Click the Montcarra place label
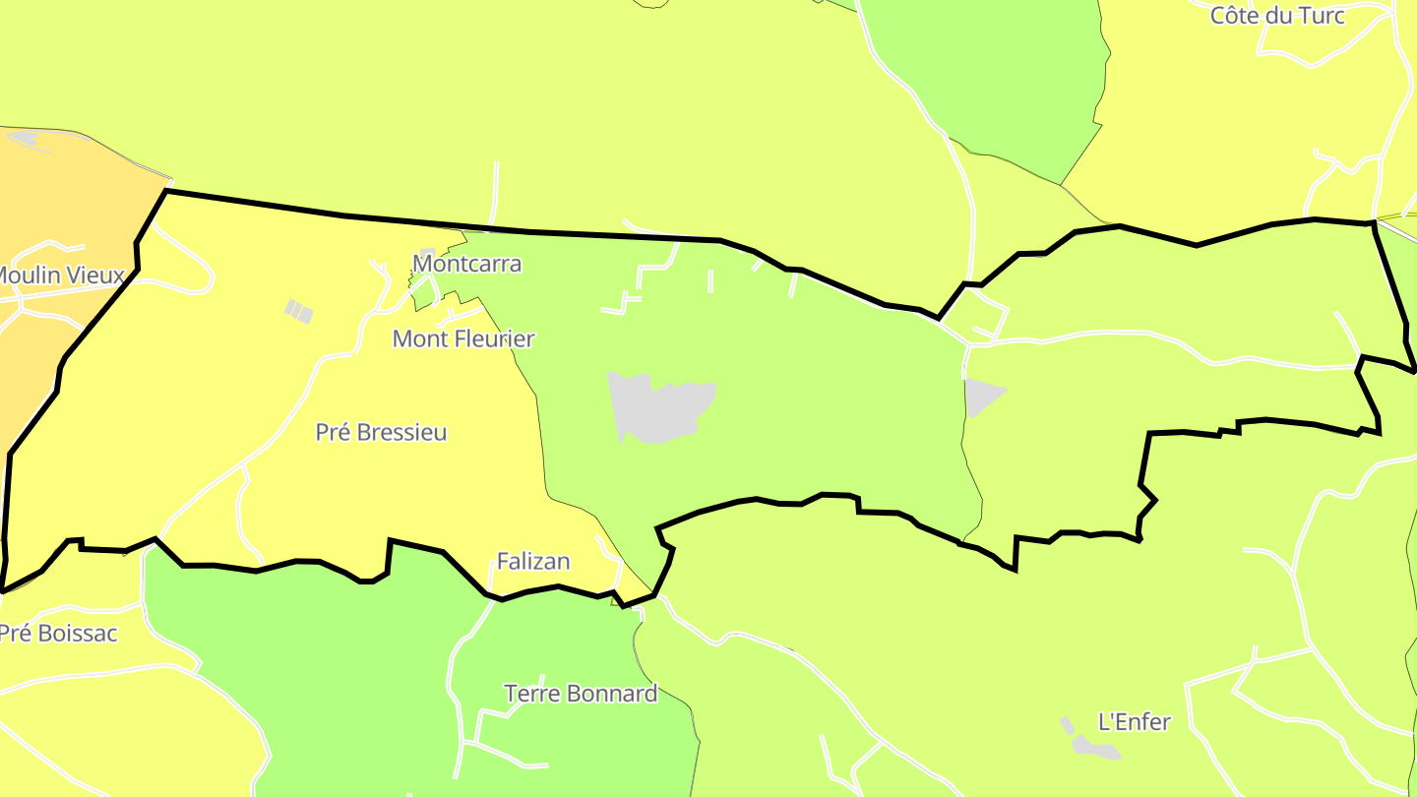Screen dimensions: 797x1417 click(466, 264)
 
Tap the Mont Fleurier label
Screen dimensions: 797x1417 click(462, 338)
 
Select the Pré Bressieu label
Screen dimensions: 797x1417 click(381, 432)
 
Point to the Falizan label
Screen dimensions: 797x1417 click(533, 561)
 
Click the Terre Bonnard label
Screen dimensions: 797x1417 click(581, 694)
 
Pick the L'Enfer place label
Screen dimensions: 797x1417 click(1134, 722)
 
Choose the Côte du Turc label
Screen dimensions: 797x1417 click(1276, 16)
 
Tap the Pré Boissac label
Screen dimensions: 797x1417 click(57, 634)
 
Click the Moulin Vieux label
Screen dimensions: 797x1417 click(61, 276)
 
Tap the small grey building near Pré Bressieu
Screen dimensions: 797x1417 click(299, 312)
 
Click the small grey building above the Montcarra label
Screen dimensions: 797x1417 click(427, 254)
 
